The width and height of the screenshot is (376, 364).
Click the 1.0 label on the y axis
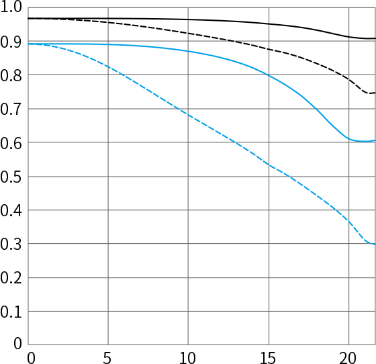(x=11, y=7)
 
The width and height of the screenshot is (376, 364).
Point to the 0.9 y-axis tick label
(x=11, y=42)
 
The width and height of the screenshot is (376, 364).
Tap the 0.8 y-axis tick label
(x=11, y=75)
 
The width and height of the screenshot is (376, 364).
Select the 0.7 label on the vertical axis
(x=11, y=109)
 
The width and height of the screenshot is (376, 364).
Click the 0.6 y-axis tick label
(x=11, y=144)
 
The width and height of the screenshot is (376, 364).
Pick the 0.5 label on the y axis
(x=11, y=177)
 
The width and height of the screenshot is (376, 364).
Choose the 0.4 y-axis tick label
(x=11, y=211)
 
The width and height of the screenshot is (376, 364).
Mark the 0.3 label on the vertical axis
(x=11, y=244)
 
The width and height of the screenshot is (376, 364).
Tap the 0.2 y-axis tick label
(x=11, y=279)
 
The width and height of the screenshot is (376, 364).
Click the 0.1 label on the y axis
(x=11, y=312)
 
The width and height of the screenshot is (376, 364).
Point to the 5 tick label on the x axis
(x=107, y=358)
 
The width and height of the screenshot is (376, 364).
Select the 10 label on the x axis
(x=187, y=358)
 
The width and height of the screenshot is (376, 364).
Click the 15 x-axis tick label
(x=268, y=358)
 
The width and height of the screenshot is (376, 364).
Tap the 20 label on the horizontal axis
(x=348, y=358)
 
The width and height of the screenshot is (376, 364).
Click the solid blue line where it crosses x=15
(x=269, y=75)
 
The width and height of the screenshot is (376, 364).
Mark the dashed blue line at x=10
(x=188, y=116)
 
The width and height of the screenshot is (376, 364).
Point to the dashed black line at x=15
(x=269, y=50)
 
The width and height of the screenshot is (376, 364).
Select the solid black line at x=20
(x=349, y=37)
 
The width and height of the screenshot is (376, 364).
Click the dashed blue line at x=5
(x=108, y=67)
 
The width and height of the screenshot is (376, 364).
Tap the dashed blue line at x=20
(x=349, y=222)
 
